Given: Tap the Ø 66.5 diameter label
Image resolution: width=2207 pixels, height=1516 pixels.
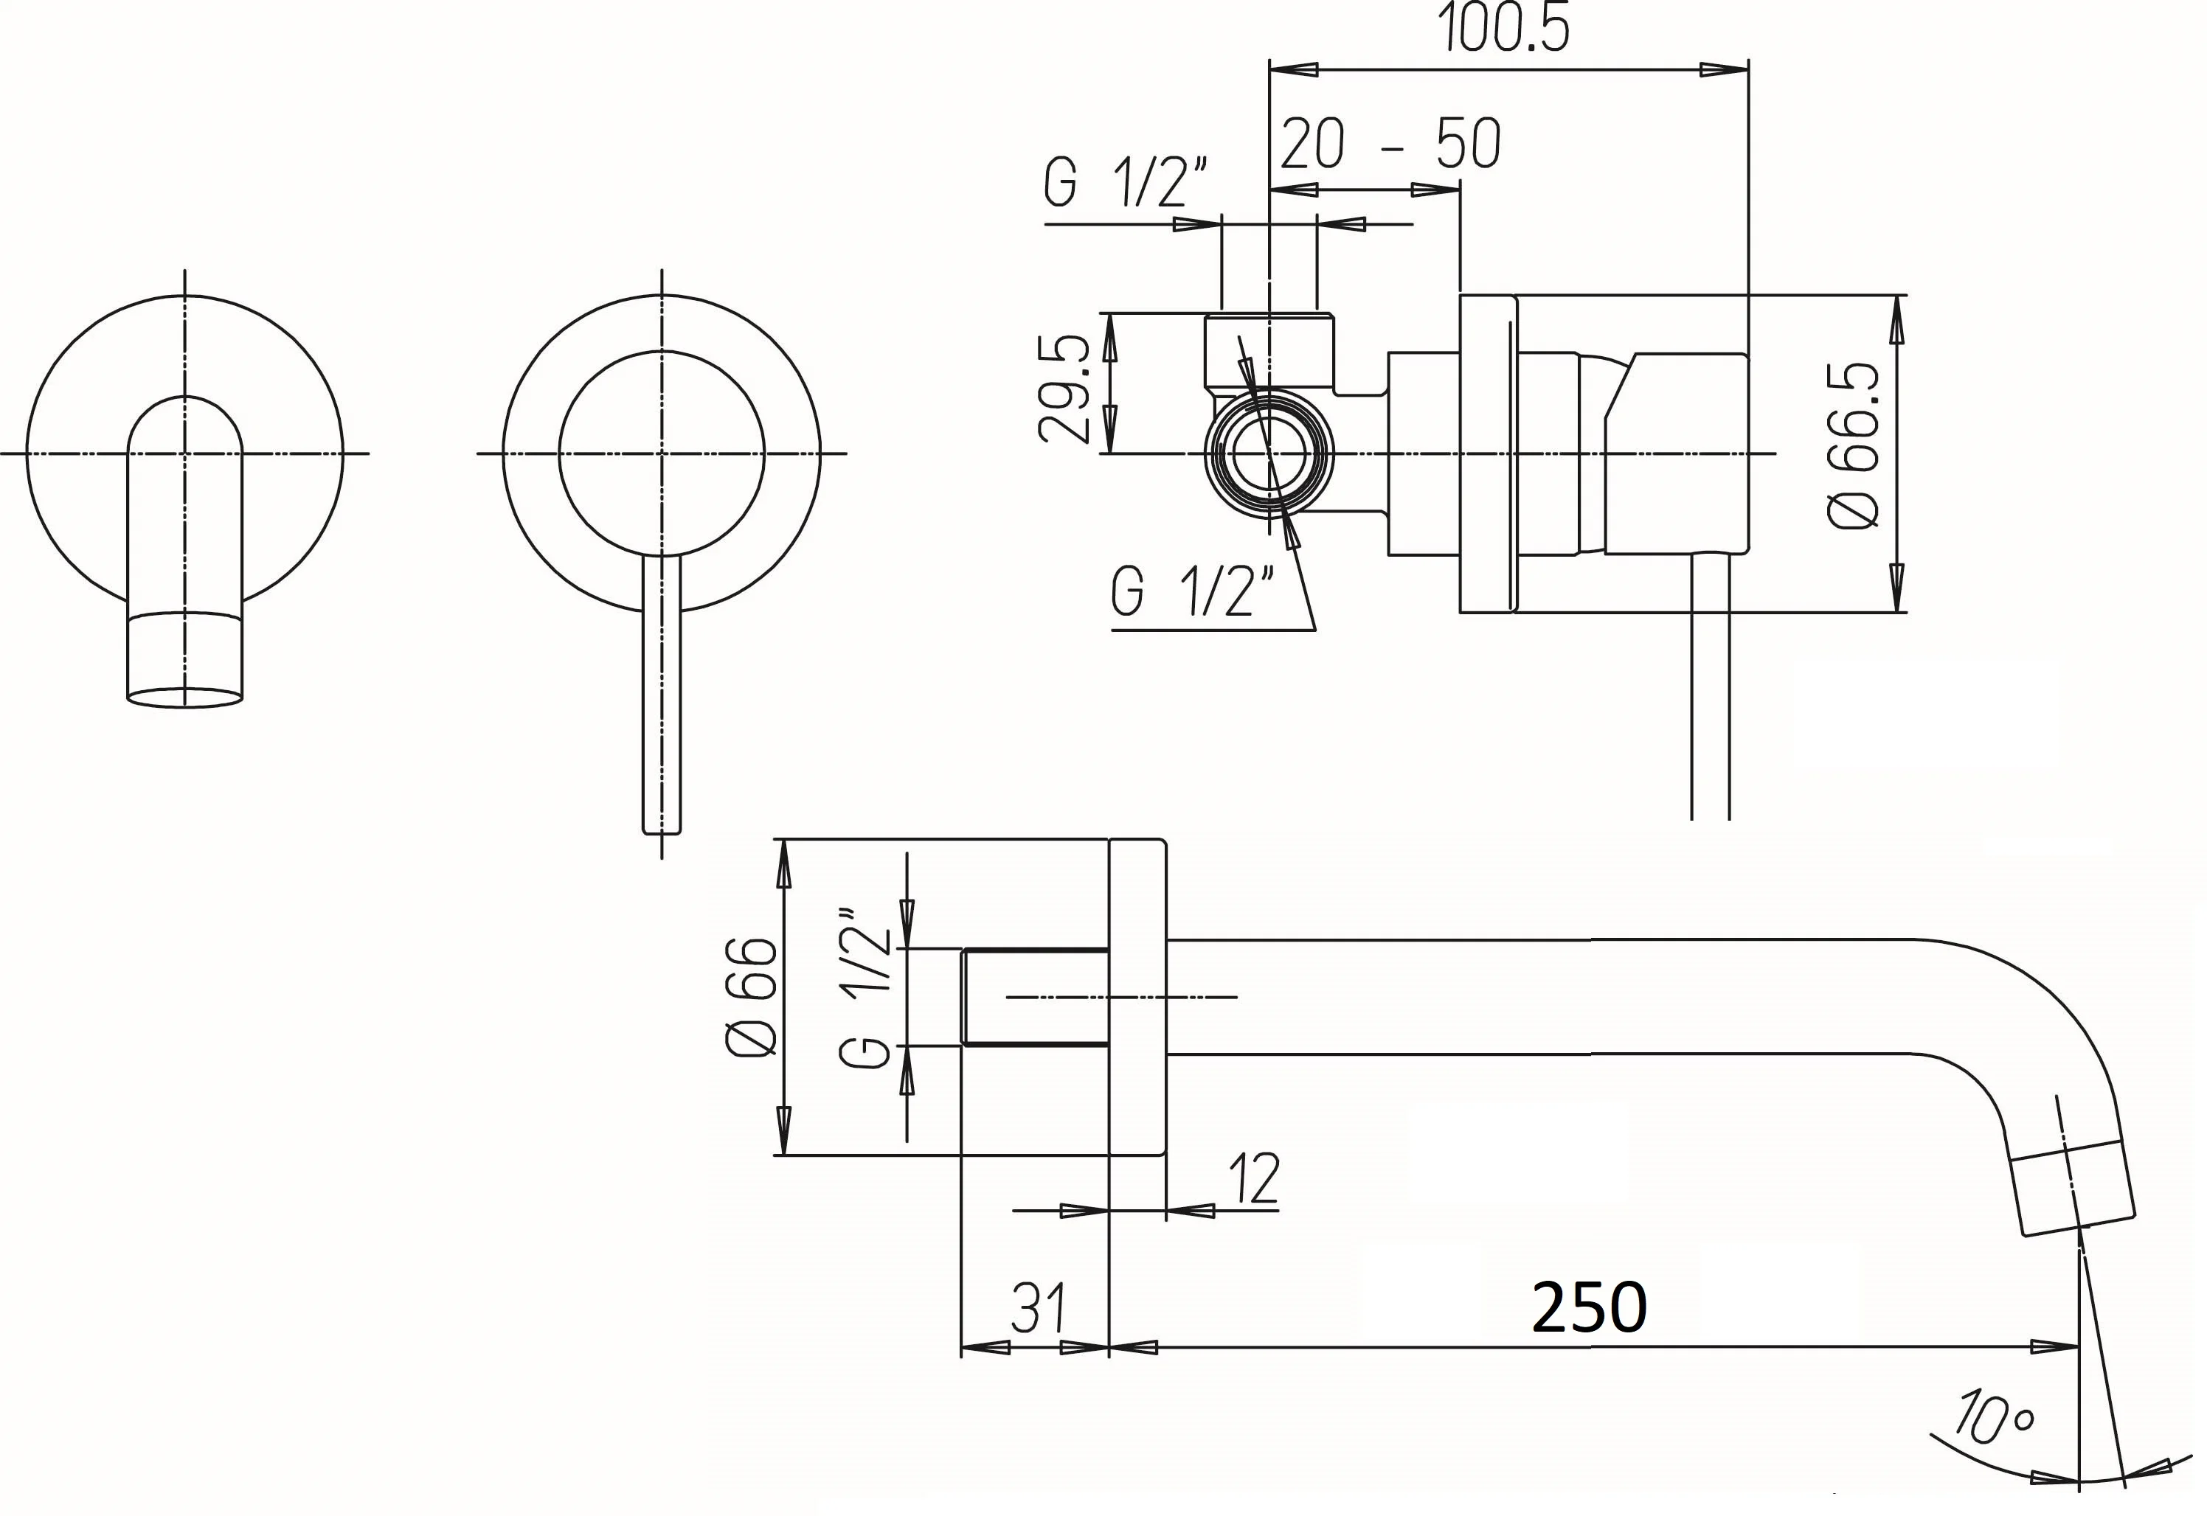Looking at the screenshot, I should pyautogui.click(x=1854, y=445).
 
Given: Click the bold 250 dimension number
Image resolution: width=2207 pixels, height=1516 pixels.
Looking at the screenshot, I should pyautogui.click(x=1590, y=1307).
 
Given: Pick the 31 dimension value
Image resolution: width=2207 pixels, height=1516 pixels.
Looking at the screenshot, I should pyautogui.click(x=1037, y=1309).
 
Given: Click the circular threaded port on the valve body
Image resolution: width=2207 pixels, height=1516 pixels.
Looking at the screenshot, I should pyautogui.click(x=1269, y=454).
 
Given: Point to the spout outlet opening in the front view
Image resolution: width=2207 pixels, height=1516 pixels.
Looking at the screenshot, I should pyautogui.click(x=184, y=698).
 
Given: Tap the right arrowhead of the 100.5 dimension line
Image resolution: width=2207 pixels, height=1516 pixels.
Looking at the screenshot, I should pyautogui.click(x=1725, y=69).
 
